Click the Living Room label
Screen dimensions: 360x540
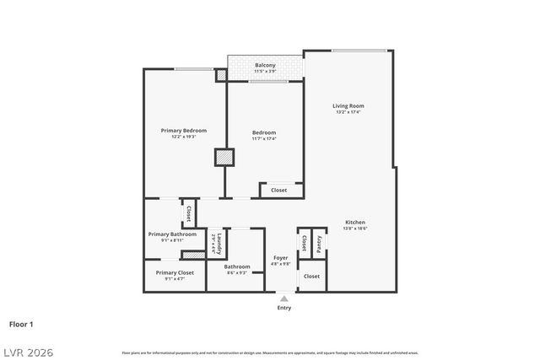coord(348,105)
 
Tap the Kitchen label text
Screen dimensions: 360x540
coord(354,223)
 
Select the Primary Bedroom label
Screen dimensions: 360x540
coord(184,131)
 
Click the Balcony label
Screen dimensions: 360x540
coord(265,66)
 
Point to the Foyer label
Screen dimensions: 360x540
coord(280,258)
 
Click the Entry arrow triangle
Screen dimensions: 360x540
coord(284,298)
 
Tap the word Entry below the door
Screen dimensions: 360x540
coord(284,308)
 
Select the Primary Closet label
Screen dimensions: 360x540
coord(175,272)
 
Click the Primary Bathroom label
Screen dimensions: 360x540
coord(172,234)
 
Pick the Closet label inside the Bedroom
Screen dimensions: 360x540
coord(278,191)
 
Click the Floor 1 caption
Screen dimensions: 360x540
coord(21,324)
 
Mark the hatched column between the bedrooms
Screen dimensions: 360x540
coord(224,157)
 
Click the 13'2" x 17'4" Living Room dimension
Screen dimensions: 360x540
coord(348,112)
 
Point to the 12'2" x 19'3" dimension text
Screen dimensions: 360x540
coord(184,137)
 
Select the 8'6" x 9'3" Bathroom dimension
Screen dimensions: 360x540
coord(236,273)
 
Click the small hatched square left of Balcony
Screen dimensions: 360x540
coord(221,75)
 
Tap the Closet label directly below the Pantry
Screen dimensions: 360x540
coord(311,277)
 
